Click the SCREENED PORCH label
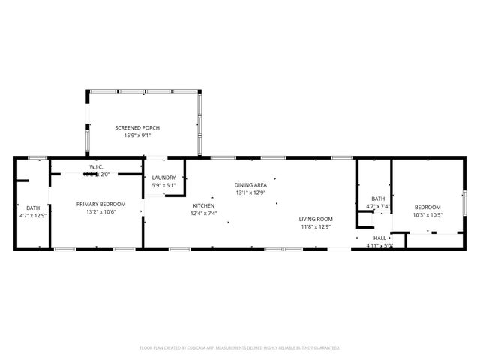(136, 128)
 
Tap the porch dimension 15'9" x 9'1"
(136, 136)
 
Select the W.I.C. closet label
(96, 166)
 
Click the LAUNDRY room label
(163, 178)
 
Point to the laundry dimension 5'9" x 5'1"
(163, 185)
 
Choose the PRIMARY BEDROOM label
(100, 204)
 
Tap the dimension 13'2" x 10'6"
(100, 211)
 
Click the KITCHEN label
(204, 205)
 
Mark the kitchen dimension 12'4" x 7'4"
(204, 213)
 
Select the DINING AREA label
(250, 184)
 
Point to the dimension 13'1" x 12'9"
(250, 192)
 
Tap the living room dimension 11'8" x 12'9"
(316, 226)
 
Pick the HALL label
(379, 238)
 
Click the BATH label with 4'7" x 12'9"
(33, 208)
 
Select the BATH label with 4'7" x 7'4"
(378, 199)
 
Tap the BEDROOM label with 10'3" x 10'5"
(427, 207)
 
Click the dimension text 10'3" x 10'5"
(427, 214)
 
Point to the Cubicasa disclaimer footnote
(240, 347)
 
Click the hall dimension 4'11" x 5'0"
(379, 245)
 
